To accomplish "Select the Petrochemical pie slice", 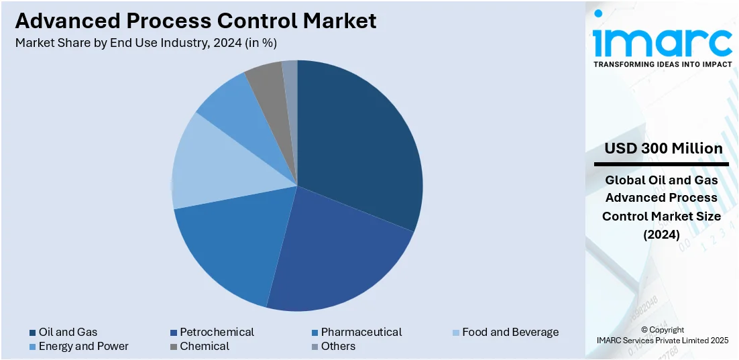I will (x=335, y=255).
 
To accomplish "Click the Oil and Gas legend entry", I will (x=67, y=332).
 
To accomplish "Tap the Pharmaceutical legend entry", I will (x=361, y=332).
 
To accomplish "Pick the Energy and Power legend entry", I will (x=83, y=346).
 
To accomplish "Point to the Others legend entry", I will (x=338, y=346).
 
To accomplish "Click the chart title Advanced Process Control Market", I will (x=196, y=21).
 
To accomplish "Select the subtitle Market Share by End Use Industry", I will (x=146, y=43).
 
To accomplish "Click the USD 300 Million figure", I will (x=663, y=148).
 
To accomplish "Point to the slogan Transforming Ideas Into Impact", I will (x=662, y=64).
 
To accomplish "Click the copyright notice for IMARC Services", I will (x=662, y=335).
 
